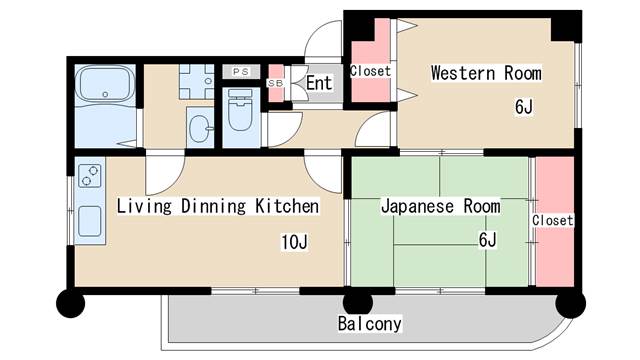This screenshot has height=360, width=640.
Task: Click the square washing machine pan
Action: click(196, 80)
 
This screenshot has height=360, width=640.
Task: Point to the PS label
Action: click(240, 71)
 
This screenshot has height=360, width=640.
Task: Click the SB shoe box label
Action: click(274, 83)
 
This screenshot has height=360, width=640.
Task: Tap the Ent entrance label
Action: click(319, 83)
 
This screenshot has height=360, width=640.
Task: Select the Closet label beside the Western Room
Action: click(370, 72)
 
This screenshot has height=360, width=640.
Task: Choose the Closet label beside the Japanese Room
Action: click(552, 220)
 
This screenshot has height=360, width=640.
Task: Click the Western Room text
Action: click(486, 73)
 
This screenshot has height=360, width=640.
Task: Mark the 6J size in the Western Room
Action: click(524, 106)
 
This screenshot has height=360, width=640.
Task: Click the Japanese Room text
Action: click(440, 206)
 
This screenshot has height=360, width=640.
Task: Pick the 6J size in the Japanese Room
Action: click(488, 240)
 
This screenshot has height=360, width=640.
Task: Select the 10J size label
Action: click(293, 241)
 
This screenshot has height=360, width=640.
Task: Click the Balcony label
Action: click(369, 324)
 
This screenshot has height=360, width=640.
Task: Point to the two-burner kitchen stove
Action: click(89, 176)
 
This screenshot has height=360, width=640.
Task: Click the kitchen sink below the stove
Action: click(90, 221)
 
